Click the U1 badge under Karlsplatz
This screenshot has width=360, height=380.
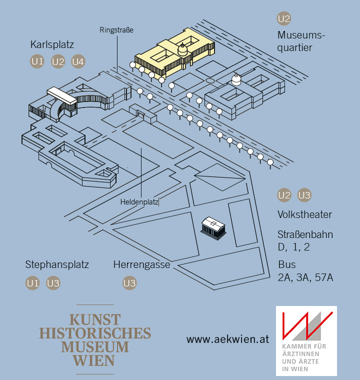coord(37,62)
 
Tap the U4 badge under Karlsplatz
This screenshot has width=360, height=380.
coord(78,62)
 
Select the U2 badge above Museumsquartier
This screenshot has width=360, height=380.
coord(284,19)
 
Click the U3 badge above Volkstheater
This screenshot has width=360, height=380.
coord(304,195)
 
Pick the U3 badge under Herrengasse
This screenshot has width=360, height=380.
coord(129,283)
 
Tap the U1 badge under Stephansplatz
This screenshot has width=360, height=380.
coord(32,283)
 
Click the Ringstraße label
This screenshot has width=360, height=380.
coord(116,30)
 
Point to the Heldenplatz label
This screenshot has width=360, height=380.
coord(139,202)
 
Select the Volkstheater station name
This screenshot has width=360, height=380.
coord(304,215)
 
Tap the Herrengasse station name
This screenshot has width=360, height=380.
coord(141,264)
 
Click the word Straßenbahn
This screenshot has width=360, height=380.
coord(305,234)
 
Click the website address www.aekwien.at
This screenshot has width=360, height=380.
coord(227,339)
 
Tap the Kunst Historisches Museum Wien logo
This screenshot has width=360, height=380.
coord(95,339)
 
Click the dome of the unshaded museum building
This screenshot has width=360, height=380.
coord(236,78)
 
